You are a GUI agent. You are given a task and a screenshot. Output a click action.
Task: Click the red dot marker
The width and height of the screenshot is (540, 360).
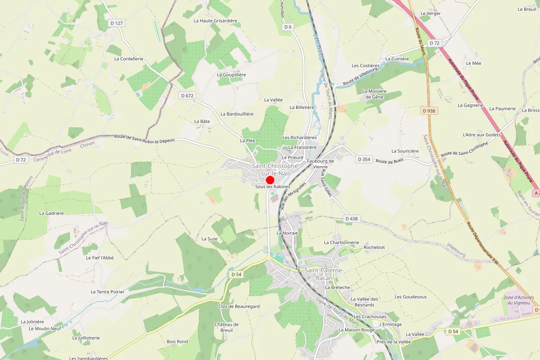(x=270, y=180)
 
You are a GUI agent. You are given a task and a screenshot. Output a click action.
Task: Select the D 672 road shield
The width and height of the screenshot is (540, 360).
(x=187, y=95)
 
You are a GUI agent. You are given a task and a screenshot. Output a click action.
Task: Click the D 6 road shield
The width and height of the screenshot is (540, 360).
(x=288, y=27)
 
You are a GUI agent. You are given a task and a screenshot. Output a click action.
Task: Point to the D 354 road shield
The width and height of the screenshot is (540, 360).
(x=364, y=159)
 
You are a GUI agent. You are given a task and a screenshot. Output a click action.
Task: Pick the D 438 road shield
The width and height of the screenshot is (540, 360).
(x=352, y=219)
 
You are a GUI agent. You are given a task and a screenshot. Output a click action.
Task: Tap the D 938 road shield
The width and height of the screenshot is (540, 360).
(x=430, y=110)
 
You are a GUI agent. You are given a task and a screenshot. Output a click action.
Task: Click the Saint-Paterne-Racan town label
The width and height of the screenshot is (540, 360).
(x=324, y=274)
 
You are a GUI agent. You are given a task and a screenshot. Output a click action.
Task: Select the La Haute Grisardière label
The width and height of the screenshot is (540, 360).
(x=215, y=21)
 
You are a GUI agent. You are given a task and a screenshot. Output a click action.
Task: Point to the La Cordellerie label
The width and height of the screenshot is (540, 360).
(x=129, y=59)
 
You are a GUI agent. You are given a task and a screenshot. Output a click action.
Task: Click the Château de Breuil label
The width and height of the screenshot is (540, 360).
(x=226, y=327)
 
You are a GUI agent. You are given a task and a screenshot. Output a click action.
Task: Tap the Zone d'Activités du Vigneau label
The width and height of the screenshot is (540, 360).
(x=518, y=300)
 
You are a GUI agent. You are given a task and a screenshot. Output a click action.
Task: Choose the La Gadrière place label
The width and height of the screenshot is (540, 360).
(x=52, y=213)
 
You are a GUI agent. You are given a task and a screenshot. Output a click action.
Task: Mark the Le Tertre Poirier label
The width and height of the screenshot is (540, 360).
(x=108, y=292)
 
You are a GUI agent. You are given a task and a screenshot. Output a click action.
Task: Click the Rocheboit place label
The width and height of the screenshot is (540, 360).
(x=374, y=247)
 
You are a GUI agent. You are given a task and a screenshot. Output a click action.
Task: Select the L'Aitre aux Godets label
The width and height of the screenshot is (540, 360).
(x=481, y=135)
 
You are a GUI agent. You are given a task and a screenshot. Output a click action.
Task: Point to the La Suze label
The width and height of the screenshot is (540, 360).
(x=209, y=238)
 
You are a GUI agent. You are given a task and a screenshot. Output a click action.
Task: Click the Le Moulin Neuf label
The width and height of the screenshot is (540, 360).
(x=45, y=328)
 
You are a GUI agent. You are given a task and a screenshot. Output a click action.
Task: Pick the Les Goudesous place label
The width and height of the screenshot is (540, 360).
(x=410, y=297)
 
